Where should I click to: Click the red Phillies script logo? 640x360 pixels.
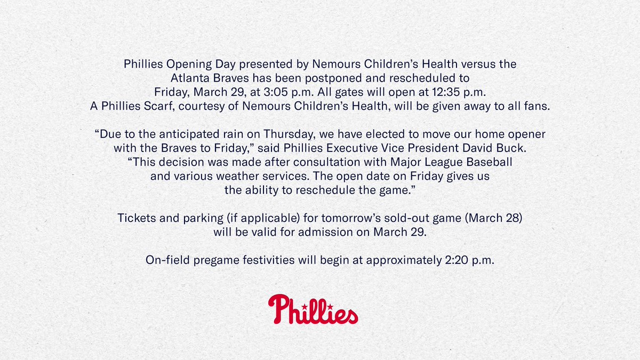pyautogui.click(x=313, y=309)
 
